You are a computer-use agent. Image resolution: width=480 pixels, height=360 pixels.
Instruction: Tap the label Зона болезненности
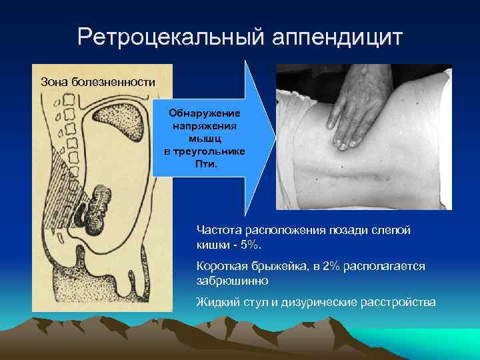tap(98, 82)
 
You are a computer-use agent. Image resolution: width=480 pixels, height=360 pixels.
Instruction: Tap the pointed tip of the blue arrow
tap(273, 138)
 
